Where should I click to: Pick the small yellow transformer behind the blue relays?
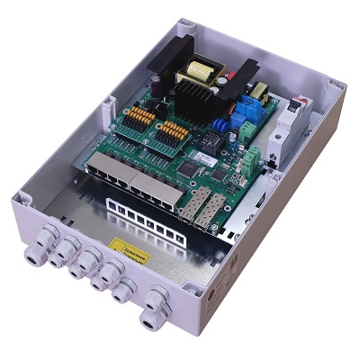coord(262,91)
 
